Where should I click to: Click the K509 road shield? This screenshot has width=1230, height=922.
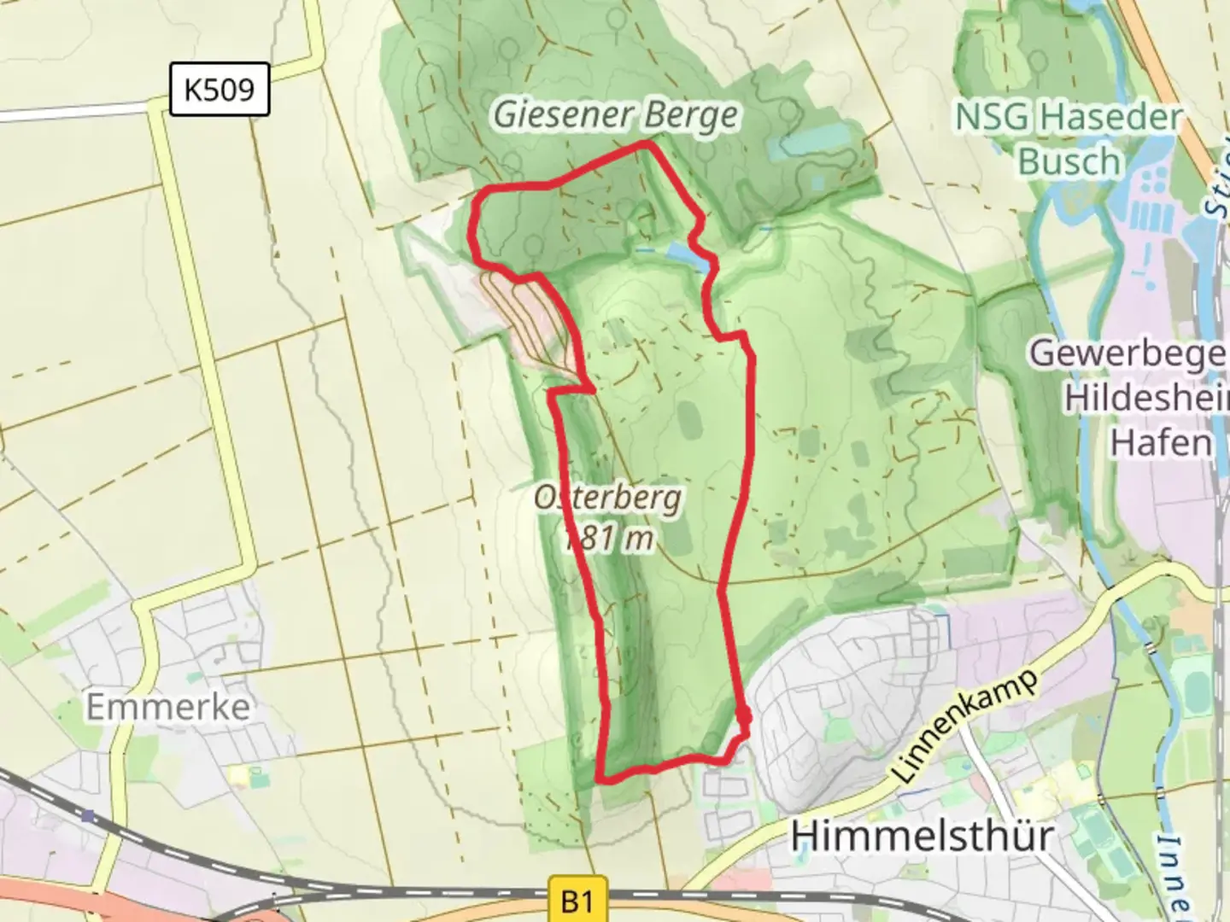(220, 89)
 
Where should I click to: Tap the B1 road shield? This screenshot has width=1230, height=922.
(577, 901)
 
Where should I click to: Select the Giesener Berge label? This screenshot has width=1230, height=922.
(615, 115)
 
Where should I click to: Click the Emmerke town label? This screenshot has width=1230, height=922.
(168, 707)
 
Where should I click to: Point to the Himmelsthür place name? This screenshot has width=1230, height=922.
(922, 835)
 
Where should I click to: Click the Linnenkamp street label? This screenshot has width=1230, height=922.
(967, 727)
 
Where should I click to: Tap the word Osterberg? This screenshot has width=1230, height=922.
(607, 497)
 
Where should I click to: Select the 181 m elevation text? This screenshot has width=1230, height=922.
(609, 538)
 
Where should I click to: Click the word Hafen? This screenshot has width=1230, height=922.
(1161, 442)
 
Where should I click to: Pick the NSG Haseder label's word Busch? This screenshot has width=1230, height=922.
(1069, 161)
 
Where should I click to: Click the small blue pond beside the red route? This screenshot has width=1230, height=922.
(686, 254)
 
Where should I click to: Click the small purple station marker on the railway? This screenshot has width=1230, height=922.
(88, 816)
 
